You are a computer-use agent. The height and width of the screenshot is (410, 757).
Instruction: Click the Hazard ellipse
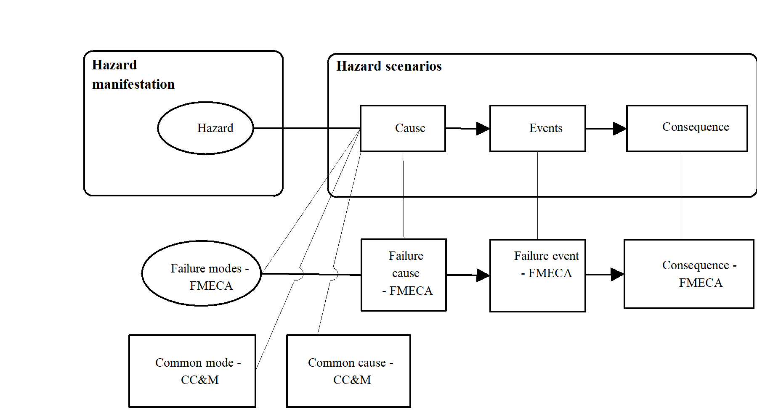(x=205, y=128)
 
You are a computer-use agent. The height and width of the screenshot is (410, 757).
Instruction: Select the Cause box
(x=403, y=128)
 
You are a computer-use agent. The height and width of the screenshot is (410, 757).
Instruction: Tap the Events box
(x=537, y=128)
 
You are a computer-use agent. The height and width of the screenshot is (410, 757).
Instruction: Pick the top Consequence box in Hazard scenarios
(x=687, y=128)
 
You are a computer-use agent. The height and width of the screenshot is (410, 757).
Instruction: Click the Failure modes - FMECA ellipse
(x=202, y=273)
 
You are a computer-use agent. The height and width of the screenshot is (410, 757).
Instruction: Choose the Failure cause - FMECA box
(x=404, y=275)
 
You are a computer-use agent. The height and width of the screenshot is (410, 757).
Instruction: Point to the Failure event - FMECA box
(x=537, y=275)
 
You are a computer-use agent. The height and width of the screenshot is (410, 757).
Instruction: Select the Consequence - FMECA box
(x=688, y=274)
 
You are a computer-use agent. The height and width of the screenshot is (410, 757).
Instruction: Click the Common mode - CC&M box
(x=192, y=371)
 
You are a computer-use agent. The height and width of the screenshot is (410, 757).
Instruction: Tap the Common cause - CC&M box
(x=348, y=371)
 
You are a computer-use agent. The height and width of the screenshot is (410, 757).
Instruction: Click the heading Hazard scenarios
(x=389, y=66)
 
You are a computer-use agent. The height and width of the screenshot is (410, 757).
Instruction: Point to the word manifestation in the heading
(x=133, y=85)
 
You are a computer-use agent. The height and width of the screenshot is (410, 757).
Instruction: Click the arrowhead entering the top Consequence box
(x=620, y=129)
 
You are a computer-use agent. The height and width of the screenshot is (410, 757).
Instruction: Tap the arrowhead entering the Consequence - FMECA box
(x=617, y=275)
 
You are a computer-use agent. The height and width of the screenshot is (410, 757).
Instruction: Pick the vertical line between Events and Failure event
(x=537, y=196)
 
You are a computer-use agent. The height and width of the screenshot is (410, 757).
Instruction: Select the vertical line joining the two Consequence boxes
(x=681, y=196)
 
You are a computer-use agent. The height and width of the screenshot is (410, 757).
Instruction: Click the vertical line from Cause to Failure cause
(x=403, y=196)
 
